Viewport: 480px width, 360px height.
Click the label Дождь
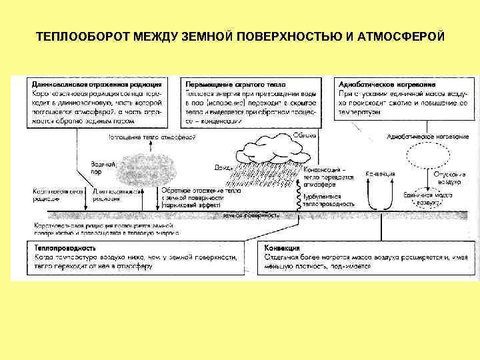pos(223,167)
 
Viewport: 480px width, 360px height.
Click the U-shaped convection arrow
pos(381,193)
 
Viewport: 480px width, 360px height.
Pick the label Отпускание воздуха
pos(448,177)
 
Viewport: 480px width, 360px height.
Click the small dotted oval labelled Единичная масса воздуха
pos(427,197)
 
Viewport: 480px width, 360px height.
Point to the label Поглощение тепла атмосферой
pos(153,137)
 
